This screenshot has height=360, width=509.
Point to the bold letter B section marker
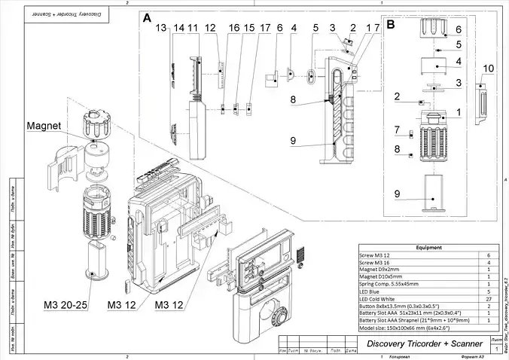coord(391,24)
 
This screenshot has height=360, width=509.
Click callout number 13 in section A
coord(160,29)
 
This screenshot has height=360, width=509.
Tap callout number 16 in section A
coord(234,29)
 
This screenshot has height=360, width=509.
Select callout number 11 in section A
coord(193,29)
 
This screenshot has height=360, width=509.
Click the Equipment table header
coord(428,247)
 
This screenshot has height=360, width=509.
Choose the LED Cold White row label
coord(384,299)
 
